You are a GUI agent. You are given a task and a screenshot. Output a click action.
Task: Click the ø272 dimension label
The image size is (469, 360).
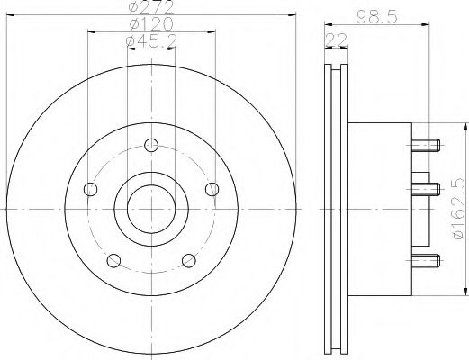point(150,8)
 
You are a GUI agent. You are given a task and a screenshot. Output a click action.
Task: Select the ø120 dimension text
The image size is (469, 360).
point(150,25)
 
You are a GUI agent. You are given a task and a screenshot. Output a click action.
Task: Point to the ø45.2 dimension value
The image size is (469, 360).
point(150,41)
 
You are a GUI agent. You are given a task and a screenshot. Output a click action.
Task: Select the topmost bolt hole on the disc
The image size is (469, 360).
point(150,143)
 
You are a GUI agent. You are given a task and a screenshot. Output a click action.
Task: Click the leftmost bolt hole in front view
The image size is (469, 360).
point(89,189)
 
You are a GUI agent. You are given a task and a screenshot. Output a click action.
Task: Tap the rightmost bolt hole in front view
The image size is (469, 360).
point(212,188)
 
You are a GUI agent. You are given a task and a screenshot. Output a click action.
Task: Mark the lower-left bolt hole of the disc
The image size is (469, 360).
point(113,261)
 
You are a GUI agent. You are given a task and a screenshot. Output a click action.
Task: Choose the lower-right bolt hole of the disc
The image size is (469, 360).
point(189,261)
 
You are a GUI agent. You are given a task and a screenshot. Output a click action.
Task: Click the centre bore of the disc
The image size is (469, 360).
point(150,209)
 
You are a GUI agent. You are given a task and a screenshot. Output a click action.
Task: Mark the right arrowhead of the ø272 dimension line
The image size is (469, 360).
point(293,14)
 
